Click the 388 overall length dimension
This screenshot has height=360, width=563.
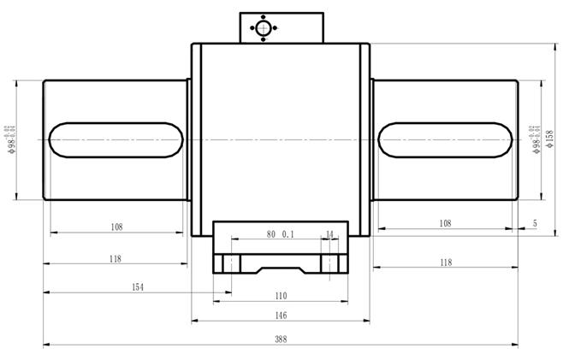tap(281, 339)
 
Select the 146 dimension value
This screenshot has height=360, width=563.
tap(281, 315)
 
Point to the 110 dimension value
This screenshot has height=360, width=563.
tap(281, 295)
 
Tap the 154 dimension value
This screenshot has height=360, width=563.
tap(137, 286)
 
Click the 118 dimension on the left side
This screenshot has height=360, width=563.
tap(116, 258)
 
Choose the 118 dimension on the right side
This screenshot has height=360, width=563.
tap(445, 263)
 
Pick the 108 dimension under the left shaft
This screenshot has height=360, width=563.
tap(117, 227)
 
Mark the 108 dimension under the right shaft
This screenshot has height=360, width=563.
tap(445, 222)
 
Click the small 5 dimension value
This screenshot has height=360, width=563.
tap(535, 223)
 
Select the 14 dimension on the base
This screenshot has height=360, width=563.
tap(330, 233)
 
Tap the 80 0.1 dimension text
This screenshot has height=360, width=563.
tap(281, 233)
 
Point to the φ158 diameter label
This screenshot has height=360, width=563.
tap(549, 138)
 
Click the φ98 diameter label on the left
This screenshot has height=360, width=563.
tap(12, 138)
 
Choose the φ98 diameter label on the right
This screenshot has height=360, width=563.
tap(536, 138)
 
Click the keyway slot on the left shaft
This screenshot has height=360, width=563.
tap(116, 139)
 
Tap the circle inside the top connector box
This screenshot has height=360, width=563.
tap(262, 27)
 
